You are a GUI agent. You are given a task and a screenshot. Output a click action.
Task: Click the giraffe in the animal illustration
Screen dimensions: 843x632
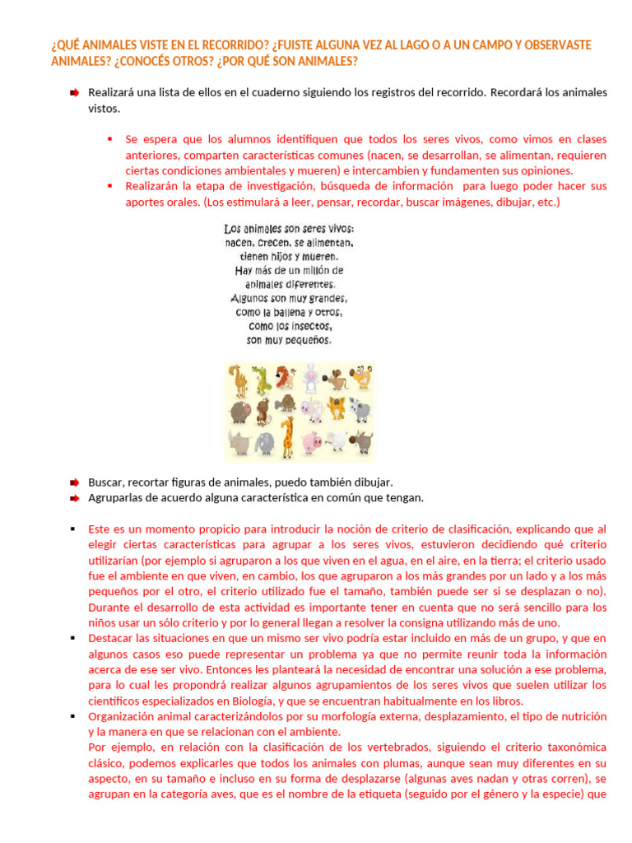(287, 437)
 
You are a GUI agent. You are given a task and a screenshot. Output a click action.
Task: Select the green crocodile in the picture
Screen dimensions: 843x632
(261, 380)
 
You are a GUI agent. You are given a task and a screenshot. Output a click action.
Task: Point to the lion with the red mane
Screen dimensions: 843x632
(283, 379)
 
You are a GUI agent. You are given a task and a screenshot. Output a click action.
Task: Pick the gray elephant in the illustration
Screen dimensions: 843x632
(264, 444)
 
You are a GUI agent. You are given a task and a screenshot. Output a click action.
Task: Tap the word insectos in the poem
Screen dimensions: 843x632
(307, 326)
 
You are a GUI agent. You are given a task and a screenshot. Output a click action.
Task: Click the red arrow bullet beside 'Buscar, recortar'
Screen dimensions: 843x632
(74, 482)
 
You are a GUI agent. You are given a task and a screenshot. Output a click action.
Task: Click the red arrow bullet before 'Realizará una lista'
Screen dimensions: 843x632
(74, 93)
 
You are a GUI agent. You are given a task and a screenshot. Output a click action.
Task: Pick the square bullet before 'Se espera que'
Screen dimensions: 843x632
(109, 139)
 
